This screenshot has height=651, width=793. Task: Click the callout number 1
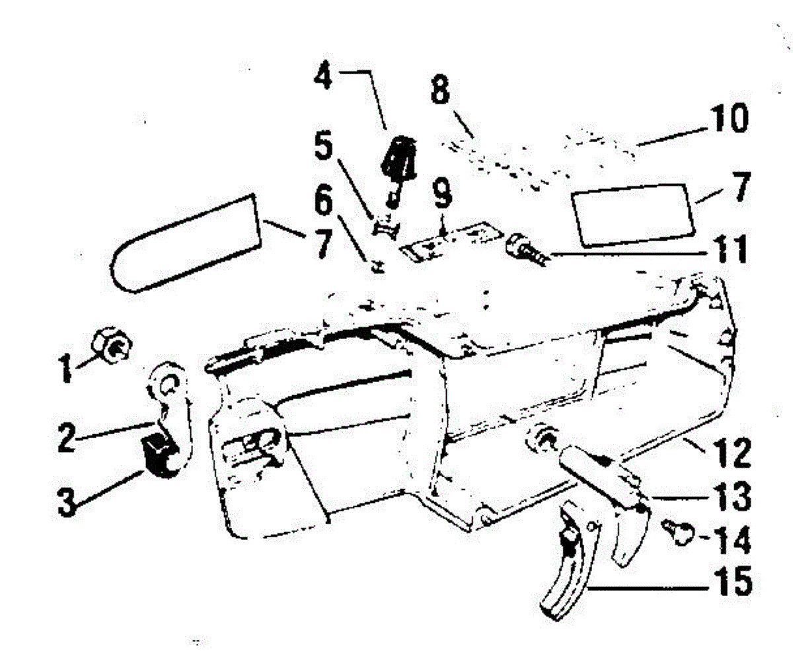[x=65, y=367]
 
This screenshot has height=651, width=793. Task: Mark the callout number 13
[x=730, y=496]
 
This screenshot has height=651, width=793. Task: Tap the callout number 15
[x=730, y=582]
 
